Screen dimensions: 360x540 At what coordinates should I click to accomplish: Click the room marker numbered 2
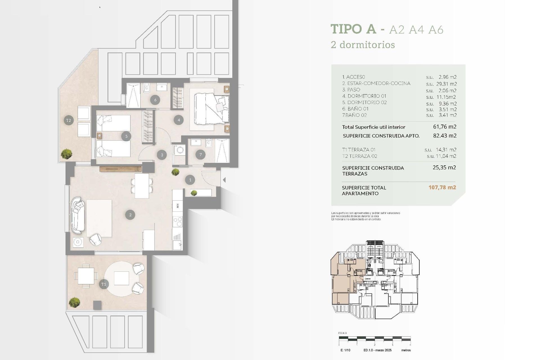coord(130,215)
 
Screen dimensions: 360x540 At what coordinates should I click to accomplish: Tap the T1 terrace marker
coord(103,284)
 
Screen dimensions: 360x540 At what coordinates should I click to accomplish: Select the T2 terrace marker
coord(69,120)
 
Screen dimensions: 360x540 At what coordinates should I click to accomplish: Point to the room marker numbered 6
coord(155,100)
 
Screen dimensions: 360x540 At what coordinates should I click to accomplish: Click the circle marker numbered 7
coord(200,154)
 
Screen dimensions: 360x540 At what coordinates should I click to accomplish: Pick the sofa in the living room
coord(78,215)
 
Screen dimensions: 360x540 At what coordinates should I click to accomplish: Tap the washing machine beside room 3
coord(179,150)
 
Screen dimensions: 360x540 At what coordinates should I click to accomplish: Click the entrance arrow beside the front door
coord(224,180)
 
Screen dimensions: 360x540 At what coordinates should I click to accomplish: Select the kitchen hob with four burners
coord(177,221)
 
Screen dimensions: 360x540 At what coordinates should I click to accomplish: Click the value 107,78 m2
coord(442,187)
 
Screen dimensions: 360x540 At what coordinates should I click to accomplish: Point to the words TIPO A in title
coord(353,29)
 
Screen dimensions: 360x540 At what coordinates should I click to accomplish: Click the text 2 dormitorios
coord(363,45)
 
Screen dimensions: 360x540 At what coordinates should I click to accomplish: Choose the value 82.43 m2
coord(445,136)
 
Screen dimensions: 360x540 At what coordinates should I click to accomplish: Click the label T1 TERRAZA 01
coord(359,150)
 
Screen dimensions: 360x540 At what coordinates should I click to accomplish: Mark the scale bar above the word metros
coord(375,338)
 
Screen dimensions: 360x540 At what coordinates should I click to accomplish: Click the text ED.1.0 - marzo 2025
coord(377,350)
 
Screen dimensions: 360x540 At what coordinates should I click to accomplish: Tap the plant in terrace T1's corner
coord(74,302)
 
